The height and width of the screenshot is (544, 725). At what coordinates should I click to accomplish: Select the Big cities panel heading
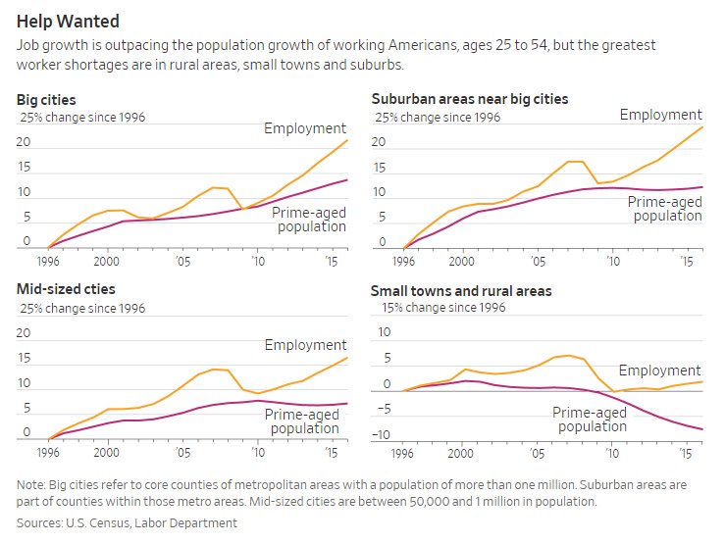[x=46, y=100]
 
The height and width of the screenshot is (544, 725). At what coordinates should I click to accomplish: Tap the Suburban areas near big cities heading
[x=469, y=100]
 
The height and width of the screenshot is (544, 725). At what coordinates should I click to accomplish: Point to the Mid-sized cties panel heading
[x=66, y=290]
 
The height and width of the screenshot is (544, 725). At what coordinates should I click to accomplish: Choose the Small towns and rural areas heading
[x=461, y=291]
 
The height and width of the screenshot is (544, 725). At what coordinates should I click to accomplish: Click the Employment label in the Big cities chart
[x=305, y=128]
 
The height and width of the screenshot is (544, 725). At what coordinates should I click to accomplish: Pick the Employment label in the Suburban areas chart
[x=660, y=115]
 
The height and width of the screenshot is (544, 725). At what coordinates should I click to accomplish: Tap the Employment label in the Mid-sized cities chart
[x=305, y=345]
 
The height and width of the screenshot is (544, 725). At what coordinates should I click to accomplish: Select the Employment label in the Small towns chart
[x=660, y=371]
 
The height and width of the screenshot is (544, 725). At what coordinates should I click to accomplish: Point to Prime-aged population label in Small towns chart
[x=590, y=420]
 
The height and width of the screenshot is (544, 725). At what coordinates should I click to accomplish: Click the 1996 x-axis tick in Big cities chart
[x=47, y=262]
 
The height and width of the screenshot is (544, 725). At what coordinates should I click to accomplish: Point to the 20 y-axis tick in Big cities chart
[x=25, y=143]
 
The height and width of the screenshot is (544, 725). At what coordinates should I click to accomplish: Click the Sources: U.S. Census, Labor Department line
[x=127, y=523]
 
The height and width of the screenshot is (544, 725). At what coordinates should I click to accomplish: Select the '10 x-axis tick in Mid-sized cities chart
[x=257, y=454]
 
